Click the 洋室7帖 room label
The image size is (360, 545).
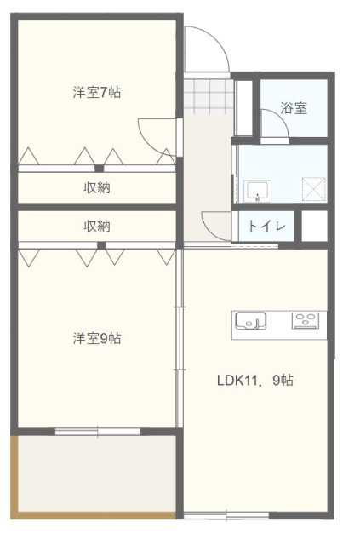(96, 92)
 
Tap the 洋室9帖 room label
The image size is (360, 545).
(96, 338)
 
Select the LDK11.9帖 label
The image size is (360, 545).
(254, 381)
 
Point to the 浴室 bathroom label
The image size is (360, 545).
(294, 108)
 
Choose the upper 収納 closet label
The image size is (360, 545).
(96, 187)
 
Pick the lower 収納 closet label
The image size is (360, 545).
(96, 227)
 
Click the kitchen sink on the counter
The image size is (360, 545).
(250, 321)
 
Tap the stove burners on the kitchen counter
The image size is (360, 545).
(307, 321)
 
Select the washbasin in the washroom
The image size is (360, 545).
(256, 192)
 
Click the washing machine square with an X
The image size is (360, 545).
(315, 189)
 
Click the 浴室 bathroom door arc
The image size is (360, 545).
(274, 127)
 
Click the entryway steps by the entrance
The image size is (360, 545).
(209, 95)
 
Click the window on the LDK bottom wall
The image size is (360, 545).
(226, 514)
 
